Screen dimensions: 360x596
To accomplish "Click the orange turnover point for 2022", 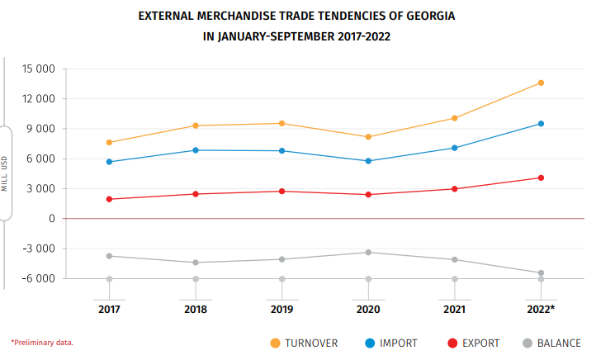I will click(x=541, y=83).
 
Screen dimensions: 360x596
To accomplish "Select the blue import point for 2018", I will click(x=195, y=150).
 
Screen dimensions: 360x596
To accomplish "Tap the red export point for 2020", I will click(x=368, y=195).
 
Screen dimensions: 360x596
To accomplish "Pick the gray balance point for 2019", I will click(x=281, y=259).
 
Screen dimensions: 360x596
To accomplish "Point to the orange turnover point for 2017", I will click(x=109, y=142).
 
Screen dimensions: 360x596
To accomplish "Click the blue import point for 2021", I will click(x=454, y=148).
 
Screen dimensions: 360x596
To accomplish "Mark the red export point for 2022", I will click(x=541, y=178).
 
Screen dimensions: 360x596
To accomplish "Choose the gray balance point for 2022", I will click(x=541, y=273).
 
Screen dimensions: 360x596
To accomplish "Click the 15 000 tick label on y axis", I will click(x=39, y=69).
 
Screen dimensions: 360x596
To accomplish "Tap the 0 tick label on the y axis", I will click(x=51, y=219).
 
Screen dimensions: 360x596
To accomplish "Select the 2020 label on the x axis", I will click(x=368, y=309).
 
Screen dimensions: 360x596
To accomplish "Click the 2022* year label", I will click(x=541, y=309).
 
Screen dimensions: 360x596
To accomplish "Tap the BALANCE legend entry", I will click(x=558, y=343).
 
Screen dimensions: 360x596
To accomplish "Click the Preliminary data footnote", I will click(x=42, y=342).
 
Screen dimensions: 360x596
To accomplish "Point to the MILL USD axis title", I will click(x=5, y=173).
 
